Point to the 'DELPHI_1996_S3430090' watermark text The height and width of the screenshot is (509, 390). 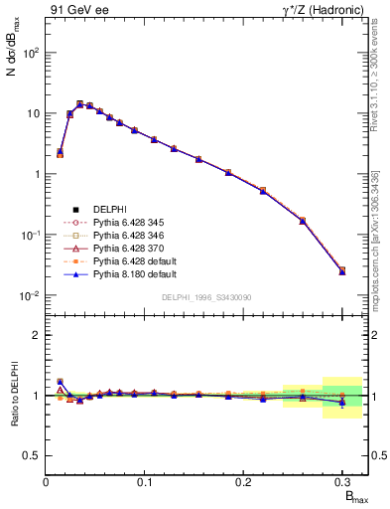click(x=205, y=297)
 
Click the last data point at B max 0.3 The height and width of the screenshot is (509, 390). click(x=342, y=270)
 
